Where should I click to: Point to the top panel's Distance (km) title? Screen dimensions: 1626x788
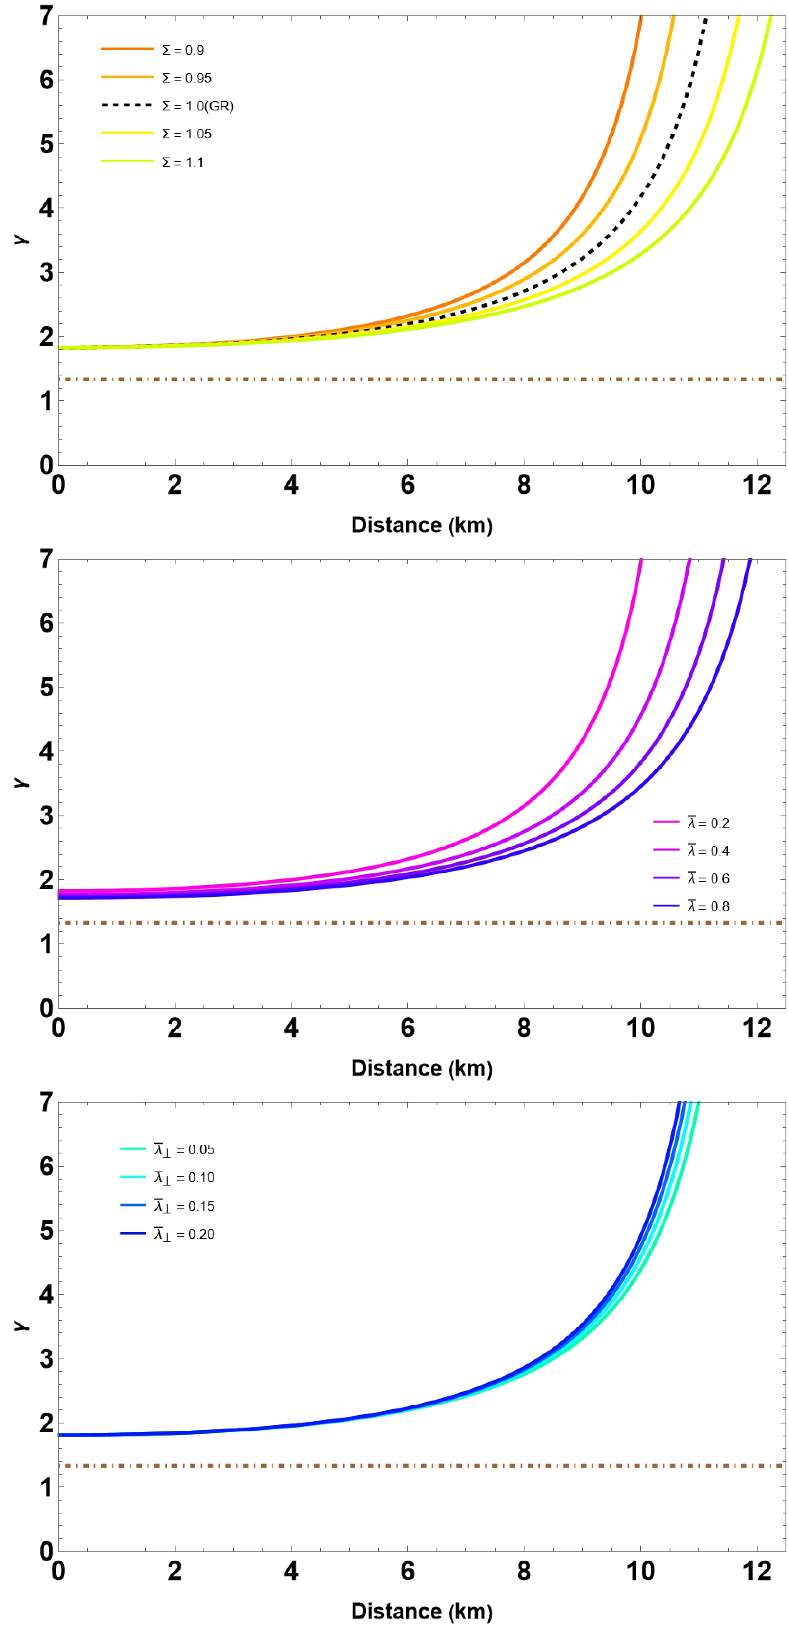point(422,525)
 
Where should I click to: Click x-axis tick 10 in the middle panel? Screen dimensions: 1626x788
point(640,1028)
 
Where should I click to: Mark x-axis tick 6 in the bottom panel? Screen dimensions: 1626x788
point(408,1571)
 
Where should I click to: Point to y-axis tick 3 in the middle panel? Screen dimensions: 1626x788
point(46,816)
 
